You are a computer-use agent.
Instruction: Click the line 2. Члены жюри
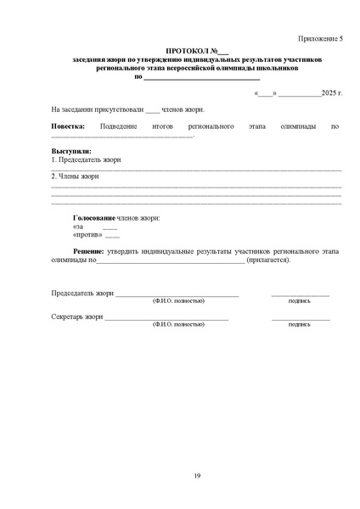click(75, 176)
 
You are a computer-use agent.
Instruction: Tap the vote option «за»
click(79, 227)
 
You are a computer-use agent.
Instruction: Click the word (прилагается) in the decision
click(269, 260)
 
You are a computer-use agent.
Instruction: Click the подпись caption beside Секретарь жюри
click(300, 324)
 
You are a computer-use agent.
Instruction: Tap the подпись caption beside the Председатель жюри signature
click(300, 300)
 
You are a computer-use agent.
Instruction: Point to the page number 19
click(196, 474)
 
